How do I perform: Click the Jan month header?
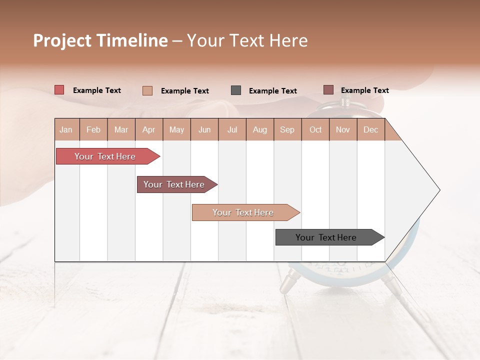[x=66, y=129]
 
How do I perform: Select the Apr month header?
[x=148, y=129]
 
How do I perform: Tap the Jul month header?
[x=232, y=129]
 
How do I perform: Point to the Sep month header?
[x=287, y=129]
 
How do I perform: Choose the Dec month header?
[x=370, y=129]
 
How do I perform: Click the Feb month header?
[x=93, y=129]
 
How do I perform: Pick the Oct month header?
[x=315, y=129]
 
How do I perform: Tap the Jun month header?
[x=204, y=129]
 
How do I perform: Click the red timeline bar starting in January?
[x=105, y=156]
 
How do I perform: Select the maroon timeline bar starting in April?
[x=174, y=184]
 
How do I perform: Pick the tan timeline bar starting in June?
[x=243, y=212]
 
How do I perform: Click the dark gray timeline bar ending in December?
[x=326, y=237]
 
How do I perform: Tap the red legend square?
[x=59, y=90]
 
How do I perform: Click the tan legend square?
[x=147, y=90]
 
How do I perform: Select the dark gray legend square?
[x=236, y=90]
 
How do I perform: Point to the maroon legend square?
[x=328, y=90]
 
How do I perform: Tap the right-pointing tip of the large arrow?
[x=438, y=190]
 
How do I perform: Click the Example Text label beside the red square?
[x=97, y=90]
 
